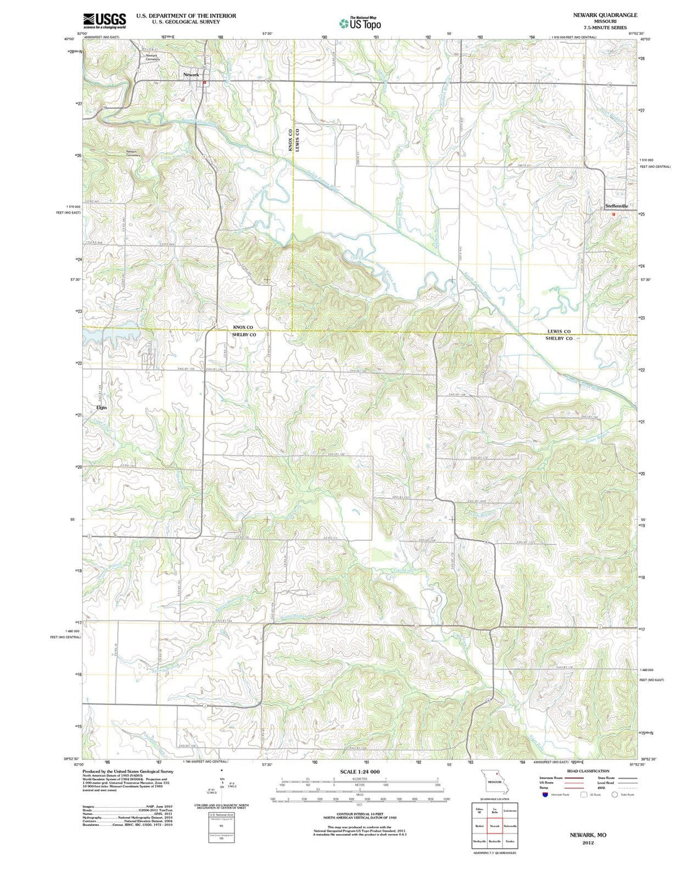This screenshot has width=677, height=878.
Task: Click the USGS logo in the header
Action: coord(105,21)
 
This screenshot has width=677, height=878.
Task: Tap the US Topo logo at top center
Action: coord(360,23)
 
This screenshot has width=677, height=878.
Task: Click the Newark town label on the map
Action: coord(191,75)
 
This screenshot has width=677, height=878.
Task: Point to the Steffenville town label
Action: coord(616,206)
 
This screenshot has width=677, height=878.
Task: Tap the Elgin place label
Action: coord(102,407)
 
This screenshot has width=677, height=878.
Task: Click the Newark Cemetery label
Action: coord(153,58)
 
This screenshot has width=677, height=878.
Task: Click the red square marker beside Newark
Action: coord(204,81)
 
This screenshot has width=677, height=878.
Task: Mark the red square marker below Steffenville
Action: coord(614,214)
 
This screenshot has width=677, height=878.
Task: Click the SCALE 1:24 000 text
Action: coord(360,771)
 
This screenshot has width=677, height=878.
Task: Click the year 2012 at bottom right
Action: coord(588,843)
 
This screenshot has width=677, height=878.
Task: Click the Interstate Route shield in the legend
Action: coord(545,794)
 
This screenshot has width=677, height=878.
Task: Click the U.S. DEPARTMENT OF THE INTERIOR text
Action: coord(186,16)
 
